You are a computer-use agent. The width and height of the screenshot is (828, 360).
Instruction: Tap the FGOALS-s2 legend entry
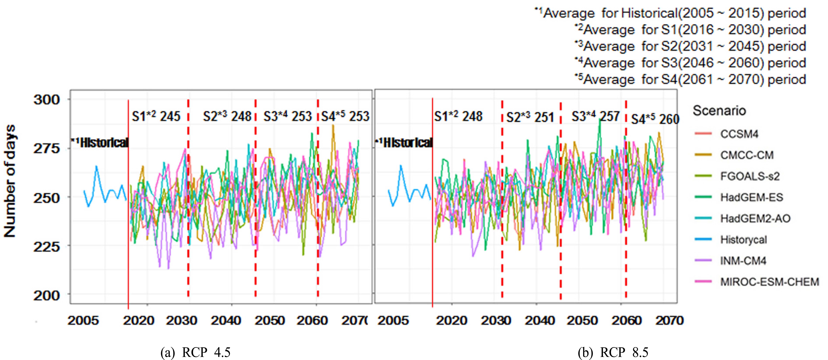click(x=750, y=176)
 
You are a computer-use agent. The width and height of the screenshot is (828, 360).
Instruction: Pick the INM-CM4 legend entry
click(x=743, y=261)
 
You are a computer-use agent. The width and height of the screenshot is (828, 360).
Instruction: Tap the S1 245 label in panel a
click(x=156, y=116)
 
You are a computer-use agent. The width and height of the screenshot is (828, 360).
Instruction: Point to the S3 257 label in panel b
click(x=595, y=116)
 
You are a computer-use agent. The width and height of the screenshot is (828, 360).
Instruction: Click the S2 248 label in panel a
click(x=227, y=116)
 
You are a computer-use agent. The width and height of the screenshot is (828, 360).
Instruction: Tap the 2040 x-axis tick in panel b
click(x=540, y=320)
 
